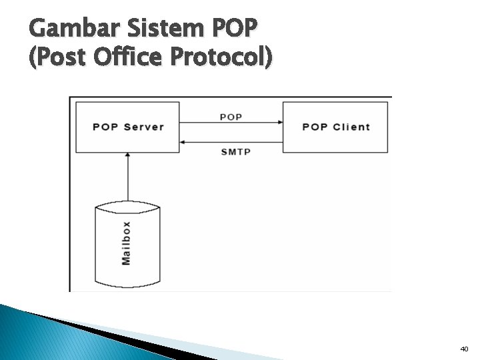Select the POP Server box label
pos(128,127)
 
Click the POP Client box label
pos(336,127)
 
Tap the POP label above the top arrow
pos(231,117)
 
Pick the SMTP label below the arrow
pos(235,152)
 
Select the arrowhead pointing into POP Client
pos(280,122)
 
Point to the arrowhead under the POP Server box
pos(127,155)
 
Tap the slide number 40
pos(464,349)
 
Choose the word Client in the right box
pos(351,127)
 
